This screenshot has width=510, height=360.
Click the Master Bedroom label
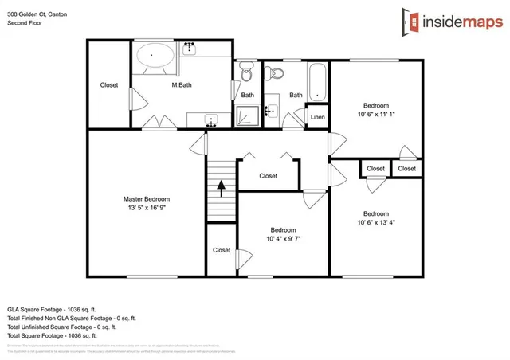(x=147, y=199)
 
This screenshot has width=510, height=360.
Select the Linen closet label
(x=317, y=118)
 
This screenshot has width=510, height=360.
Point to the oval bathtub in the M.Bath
(x=155, y=57)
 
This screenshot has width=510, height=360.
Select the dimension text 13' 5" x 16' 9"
(x=147, y=208)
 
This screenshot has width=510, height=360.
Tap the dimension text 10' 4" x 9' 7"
(x=283, y=238)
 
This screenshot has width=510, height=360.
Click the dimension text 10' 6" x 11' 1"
(x=376, y=115)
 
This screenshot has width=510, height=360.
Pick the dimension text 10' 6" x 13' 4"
(x=376, y=222)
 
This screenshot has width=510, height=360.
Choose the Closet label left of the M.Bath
(x=109, y=85)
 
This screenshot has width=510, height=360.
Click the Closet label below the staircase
(x=222, y=250)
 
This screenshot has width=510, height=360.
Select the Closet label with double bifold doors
(x=269, y=176)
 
